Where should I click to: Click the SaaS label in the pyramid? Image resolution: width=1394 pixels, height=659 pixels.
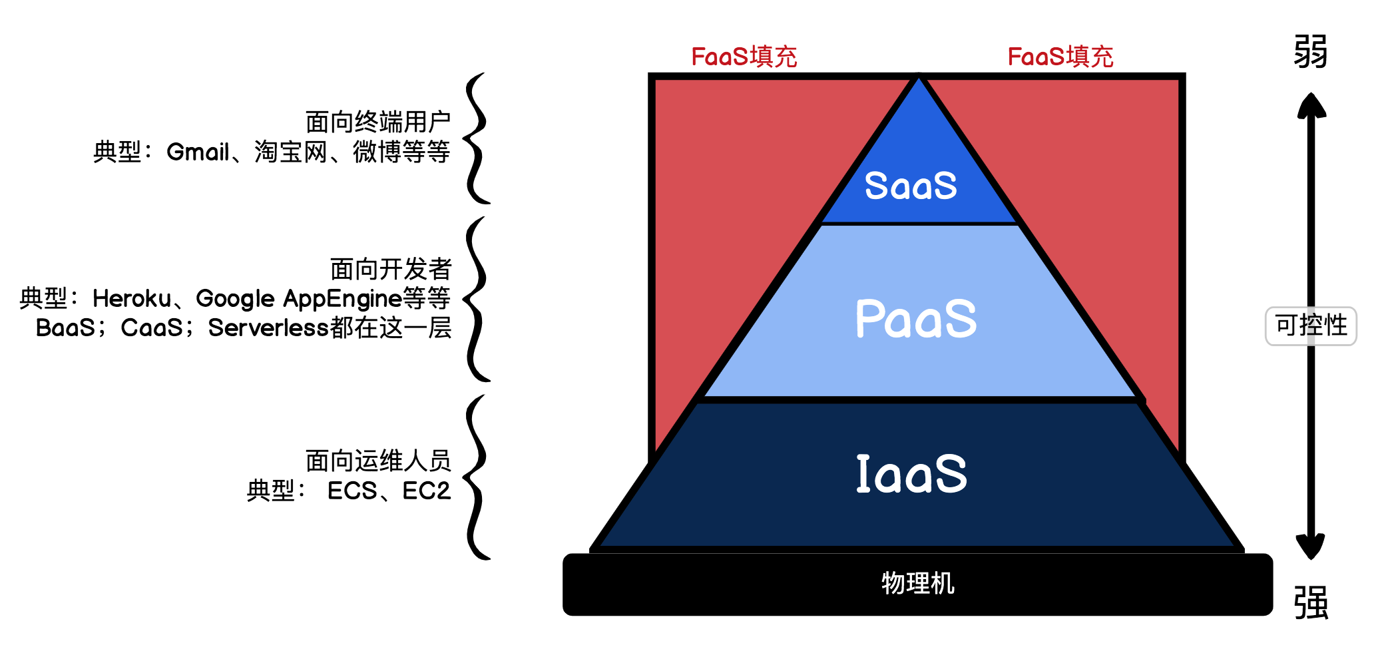click(x=911, y=186)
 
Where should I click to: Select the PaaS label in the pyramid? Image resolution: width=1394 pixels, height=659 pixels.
click(x=916, y=319)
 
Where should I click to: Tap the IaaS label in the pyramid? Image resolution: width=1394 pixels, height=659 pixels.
click(x=911, y=474)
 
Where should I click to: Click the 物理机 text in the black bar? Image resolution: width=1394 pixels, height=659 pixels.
click(x=917, y=584)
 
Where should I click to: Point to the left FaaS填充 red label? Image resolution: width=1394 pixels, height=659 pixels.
click(x=744, y=57)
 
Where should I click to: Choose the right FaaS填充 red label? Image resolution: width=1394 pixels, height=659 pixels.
click(x=1060, y=57)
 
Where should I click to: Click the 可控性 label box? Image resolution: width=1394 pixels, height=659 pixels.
click(x=1310, y=326)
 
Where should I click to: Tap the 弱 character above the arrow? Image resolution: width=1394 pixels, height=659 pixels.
click(x=1310, y=52)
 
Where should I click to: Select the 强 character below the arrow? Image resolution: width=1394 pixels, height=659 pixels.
click(x=1310, y=603)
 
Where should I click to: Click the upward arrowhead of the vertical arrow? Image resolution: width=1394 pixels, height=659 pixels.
click(x=1311, y=105)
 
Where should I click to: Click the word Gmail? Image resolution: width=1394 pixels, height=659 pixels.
click(x=198, y=152)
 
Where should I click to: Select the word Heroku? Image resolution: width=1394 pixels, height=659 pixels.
click(x=132, y=299)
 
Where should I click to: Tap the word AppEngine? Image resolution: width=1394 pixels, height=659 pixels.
click(x=343, y=299)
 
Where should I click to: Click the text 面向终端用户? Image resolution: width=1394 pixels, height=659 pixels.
click(x=377, y=122)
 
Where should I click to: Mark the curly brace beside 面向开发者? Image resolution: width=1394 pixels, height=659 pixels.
click(x=477, y=299)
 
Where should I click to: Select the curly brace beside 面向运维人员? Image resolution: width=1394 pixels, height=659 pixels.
click(x=477, y=477)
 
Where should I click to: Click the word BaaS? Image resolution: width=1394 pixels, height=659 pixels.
click(x=65, y=328)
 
